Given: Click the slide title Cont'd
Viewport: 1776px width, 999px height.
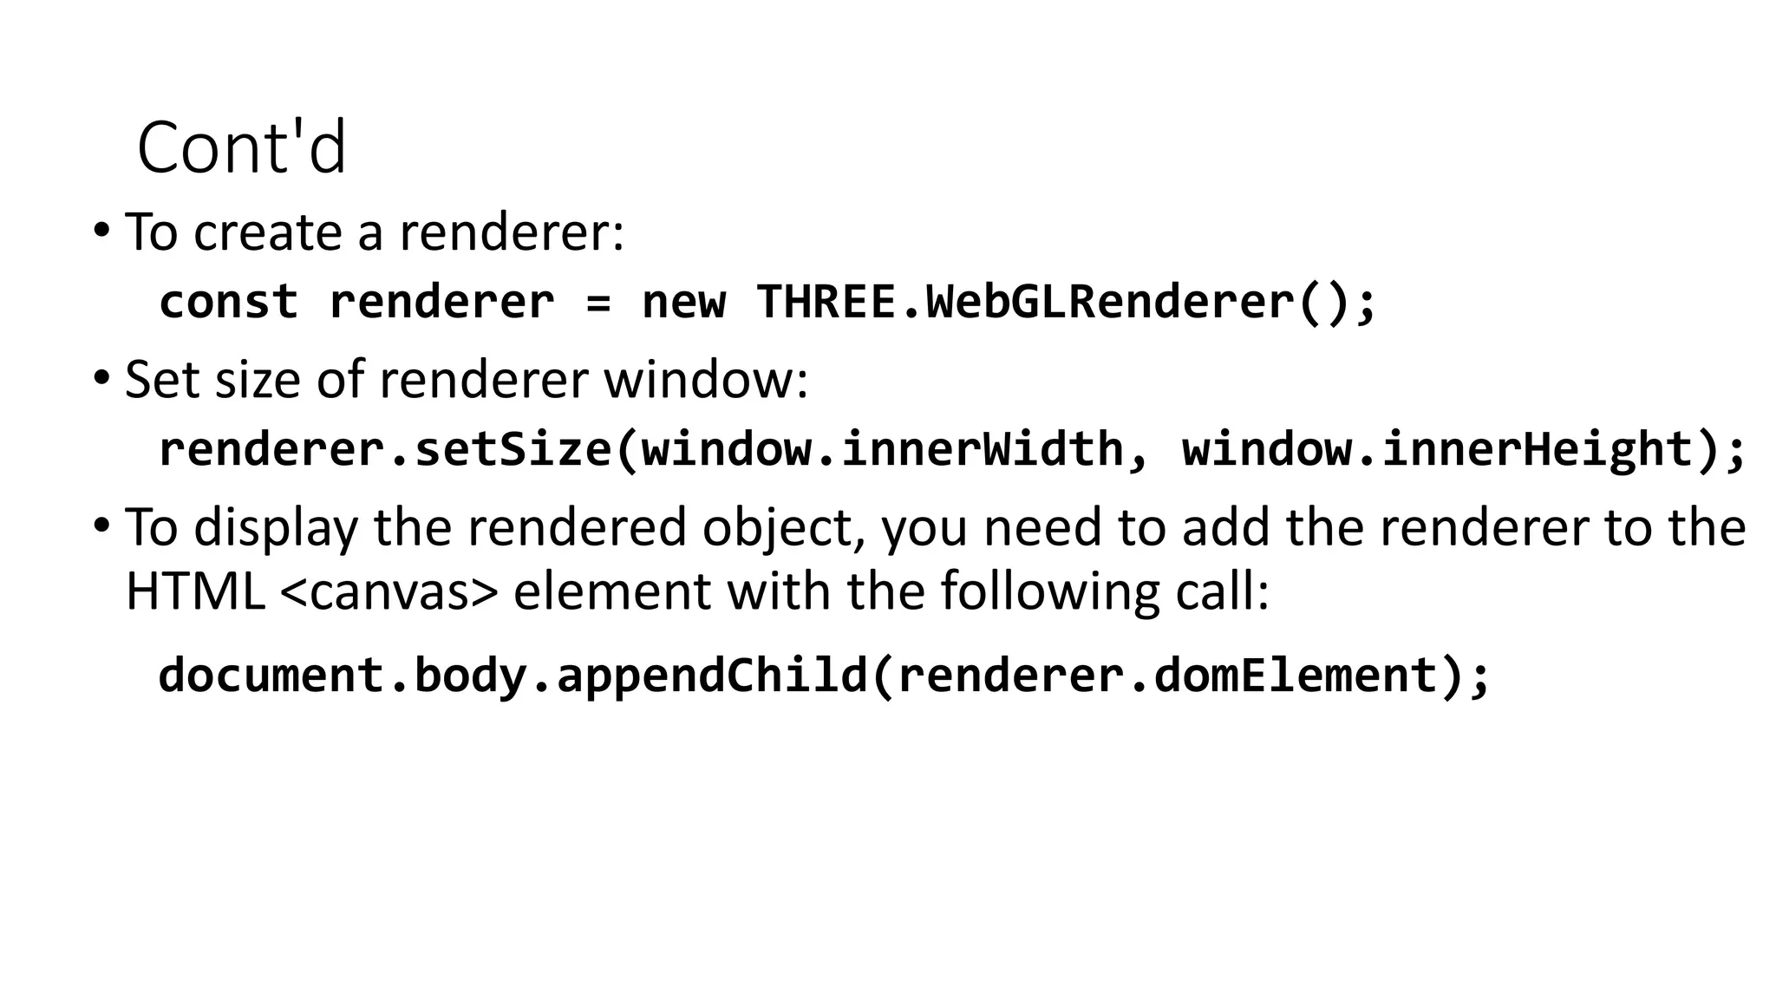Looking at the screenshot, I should tap(241, 147).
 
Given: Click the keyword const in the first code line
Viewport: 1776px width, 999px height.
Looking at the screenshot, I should tap(229, 302).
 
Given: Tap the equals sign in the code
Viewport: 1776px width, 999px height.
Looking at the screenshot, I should tap(598, 304).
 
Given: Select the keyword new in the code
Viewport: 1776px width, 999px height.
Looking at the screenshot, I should tap(683, 304).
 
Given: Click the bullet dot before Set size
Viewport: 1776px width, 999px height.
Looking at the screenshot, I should tap(101, 378).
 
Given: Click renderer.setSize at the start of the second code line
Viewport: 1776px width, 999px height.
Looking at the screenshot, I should tap(385, 449).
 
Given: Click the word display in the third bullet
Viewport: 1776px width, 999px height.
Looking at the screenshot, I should tap(275, 529).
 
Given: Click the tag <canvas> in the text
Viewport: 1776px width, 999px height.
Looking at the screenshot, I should tap(390, 592).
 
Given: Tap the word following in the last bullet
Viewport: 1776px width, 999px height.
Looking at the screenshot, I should tap(1050, 592).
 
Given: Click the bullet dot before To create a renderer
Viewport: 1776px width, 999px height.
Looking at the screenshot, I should tap(101, 231).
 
